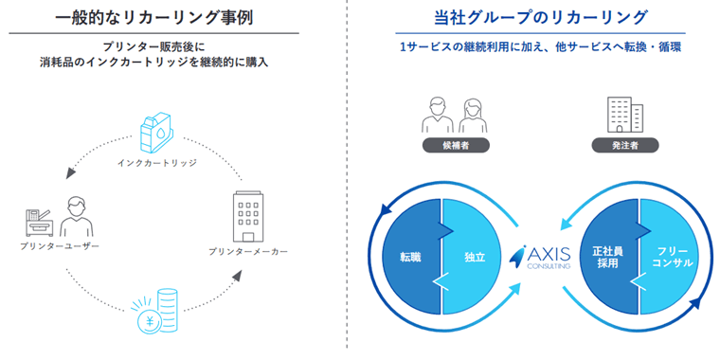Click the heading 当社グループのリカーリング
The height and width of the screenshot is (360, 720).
click(x=536, y=17)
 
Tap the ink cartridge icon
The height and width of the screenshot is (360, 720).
click(x=156, y=134)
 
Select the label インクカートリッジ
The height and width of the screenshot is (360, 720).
click(x=157, y=163)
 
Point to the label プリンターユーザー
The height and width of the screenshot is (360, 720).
click(x=60, y=246)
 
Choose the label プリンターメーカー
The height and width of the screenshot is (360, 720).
click(x=248, y=252)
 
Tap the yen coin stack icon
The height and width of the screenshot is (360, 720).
click(x=158, y=314)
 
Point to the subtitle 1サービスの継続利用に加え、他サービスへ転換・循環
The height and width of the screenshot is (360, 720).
click(x=535, y=46)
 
